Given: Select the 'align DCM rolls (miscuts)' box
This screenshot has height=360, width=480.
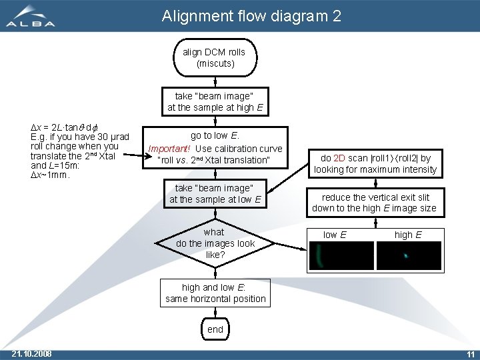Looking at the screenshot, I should [214, 58].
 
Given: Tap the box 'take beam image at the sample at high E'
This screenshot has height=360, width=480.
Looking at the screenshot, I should [215, 101].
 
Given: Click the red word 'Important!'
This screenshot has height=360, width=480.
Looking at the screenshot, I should [169, 149].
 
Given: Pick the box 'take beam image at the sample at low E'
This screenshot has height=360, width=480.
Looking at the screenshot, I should [215, 194].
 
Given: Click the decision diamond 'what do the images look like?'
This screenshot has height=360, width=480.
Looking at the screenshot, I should [215, 243].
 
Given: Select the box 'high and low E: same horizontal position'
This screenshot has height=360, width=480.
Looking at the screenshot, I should [215, 293].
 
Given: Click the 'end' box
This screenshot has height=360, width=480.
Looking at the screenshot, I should [215, 329].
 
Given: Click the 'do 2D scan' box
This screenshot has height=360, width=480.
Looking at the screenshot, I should [375, 163].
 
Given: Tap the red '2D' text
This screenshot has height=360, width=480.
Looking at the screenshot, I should [338, 159].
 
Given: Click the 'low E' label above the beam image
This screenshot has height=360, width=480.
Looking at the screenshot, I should [334, 235].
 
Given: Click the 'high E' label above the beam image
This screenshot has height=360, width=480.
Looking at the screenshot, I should [407, 235].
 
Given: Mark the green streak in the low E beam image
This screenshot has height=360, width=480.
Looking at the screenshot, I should [319, 255].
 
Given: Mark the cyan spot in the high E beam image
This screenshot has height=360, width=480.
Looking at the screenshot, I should [405, 255].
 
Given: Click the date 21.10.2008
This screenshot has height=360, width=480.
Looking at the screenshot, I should [32, 353].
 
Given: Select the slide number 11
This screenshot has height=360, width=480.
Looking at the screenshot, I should [470, 353].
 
